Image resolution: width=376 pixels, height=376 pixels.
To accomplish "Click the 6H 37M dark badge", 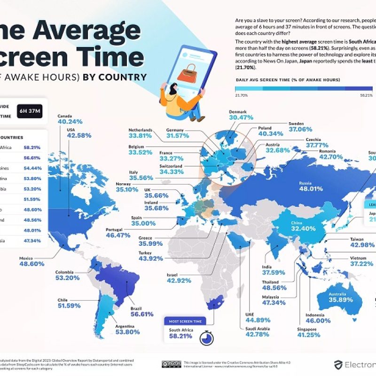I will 29,111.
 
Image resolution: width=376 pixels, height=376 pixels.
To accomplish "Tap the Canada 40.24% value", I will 70,121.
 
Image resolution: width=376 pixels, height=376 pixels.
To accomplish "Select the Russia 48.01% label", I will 310,189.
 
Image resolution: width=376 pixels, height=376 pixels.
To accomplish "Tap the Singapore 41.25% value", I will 308,335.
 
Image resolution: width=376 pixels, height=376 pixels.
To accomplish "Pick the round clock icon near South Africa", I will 205,337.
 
